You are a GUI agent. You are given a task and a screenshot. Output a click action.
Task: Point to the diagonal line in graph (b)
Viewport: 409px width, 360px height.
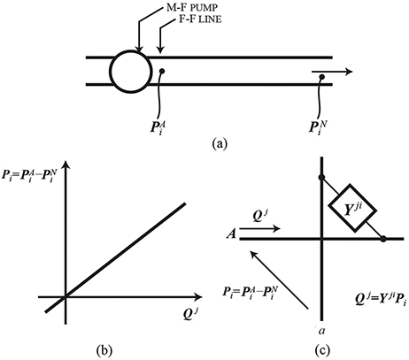click(124, 252)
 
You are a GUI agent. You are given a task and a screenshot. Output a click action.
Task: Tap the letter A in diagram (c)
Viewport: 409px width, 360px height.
click(230, 236)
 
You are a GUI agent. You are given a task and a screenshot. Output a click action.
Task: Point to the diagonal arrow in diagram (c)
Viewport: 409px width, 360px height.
click(278, 278)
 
